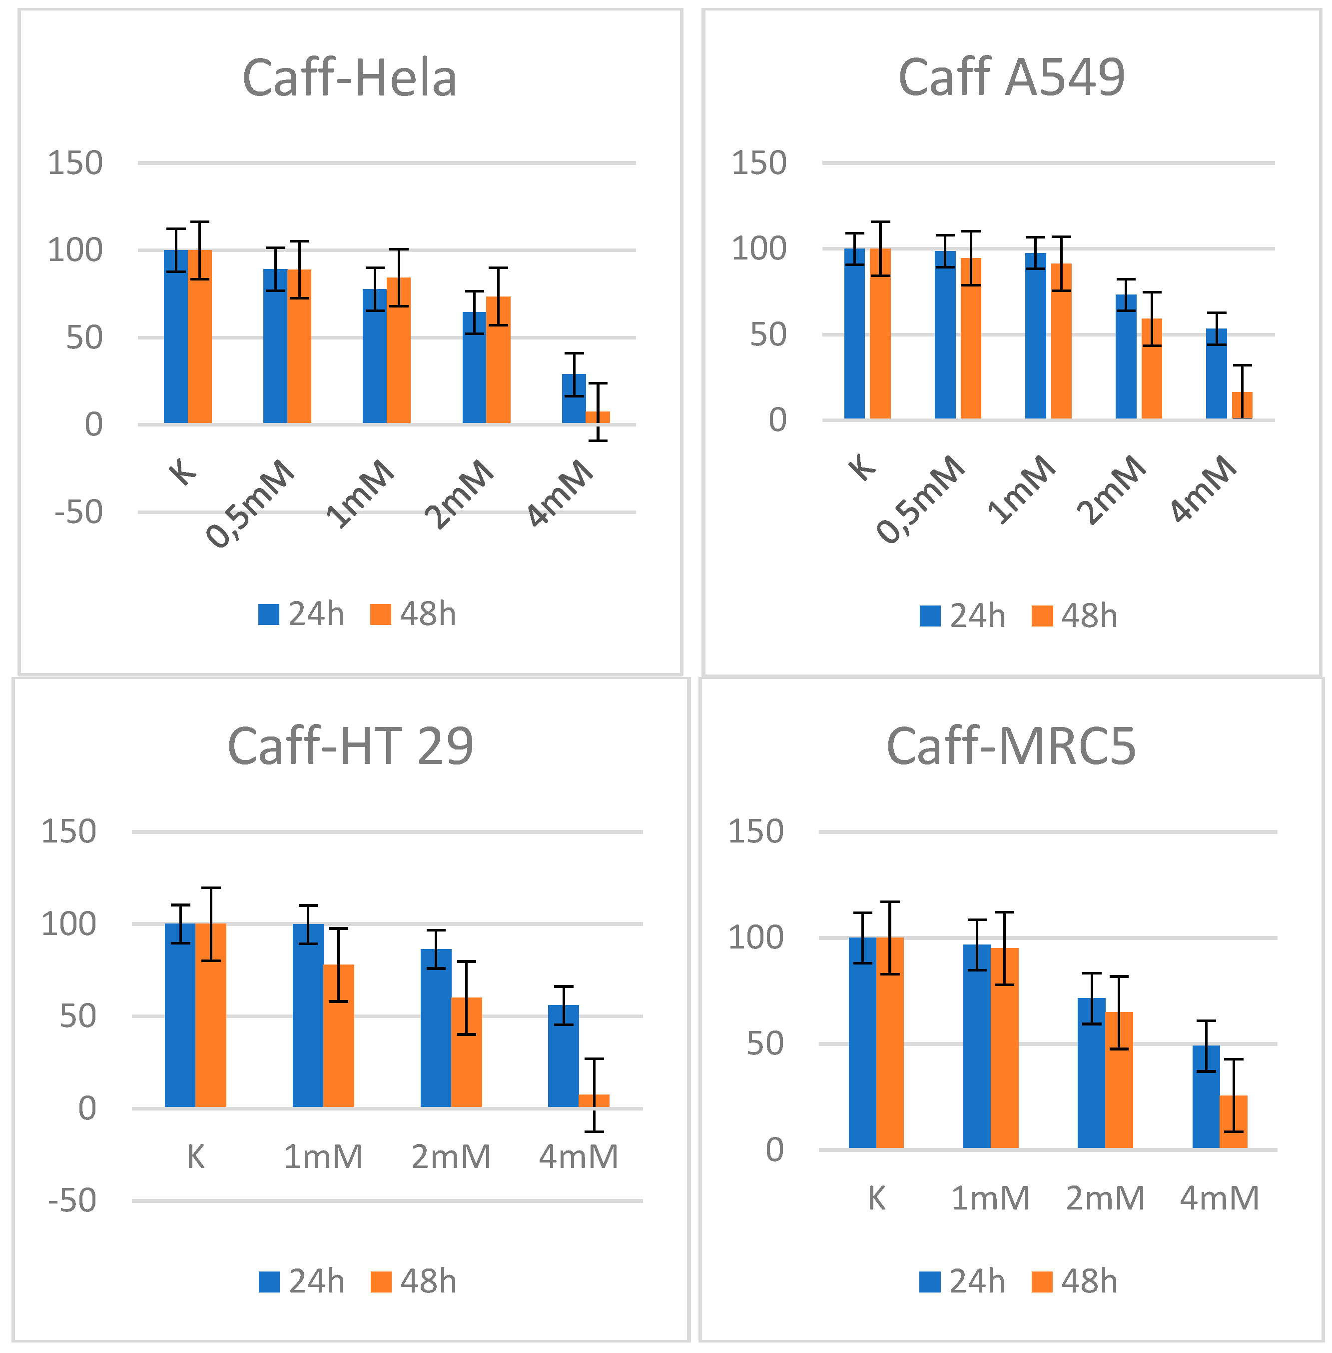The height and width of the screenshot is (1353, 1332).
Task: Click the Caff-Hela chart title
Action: (349, 78)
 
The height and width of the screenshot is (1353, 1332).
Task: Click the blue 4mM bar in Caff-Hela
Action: (574, 399)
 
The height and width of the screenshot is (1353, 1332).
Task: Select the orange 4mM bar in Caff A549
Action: (1242, 406)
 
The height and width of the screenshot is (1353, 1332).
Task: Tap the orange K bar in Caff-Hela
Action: (200, 336)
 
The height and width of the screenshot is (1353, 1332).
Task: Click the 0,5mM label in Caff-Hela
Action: (250, 504)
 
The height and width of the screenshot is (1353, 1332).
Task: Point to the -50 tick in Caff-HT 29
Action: (72, 1200)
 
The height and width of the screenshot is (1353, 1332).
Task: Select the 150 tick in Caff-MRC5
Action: (755, 831)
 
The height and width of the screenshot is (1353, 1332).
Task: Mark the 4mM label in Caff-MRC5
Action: (1220, 1198)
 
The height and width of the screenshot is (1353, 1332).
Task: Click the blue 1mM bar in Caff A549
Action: (1035, 336)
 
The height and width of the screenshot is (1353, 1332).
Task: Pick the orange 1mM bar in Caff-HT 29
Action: (339, 1036)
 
